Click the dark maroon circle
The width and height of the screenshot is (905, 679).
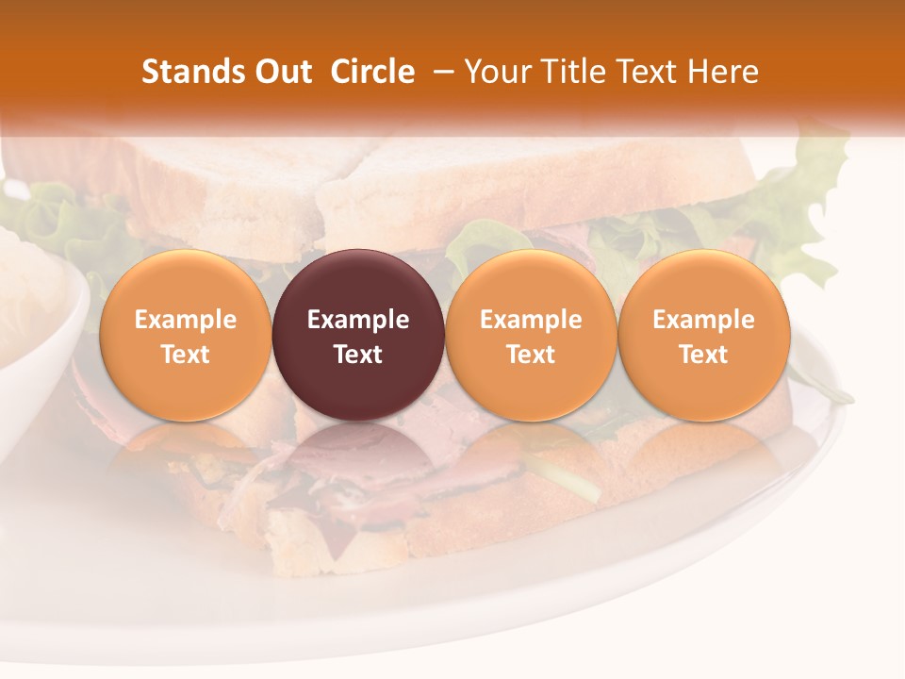click(358, 335)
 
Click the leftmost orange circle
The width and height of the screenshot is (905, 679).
click(185, 335)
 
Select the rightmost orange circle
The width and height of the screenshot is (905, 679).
click(703, 335)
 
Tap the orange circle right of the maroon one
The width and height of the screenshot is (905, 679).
click(531, 335)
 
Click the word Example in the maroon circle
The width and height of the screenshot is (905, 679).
click(358, 320)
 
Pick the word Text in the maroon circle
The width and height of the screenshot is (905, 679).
click(358, 355)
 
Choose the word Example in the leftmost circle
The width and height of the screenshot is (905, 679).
click(185, 320)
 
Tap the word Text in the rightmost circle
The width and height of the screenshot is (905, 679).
click(703, 355)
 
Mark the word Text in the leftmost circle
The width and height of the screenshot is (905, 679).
click(185, 355)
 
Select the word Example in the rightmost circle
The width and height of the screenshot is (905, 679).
click(703, 320)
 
